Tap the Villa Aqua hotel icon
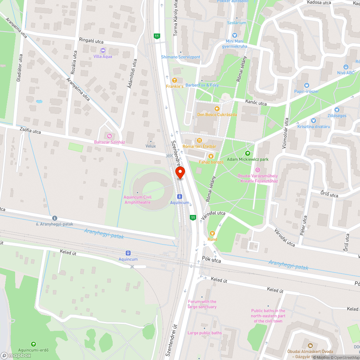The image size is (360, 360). pos(103,50)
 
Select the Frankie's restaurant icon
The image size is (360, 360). pos(175,80)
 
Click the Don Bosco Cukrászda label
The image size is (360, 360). pos(217,114)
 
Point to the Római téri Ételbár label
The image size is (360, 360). pos(199,147)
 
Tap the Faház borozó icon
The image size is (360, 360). pos(211,156)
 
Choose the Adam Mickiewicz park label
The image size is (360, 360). pos(248,159)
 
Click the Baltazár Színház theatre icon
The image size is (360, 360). pos(109,136)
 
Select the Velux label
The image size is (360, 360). pos(150,146)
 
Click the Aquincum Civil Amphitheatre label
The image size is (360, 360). pos(137,200)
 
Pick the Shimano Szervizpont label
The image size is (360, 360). pos(180,57)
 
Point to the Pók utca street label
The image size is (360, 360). pos(211,259)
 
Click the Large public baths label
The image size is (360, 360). pos(204,333)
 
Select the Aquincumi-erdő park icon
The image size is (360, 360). pos(33,344)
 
